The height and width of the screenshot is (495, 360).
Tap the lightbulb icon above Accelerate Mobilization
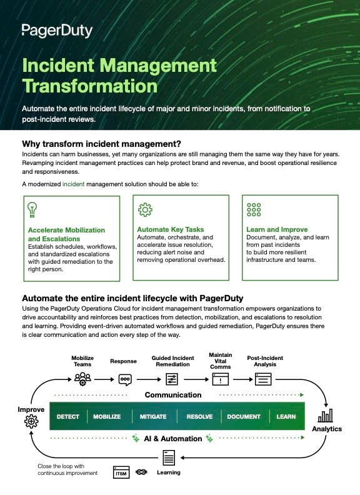point(32,209)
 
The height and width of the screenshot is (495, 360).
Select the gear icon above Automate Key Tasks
point(144,209)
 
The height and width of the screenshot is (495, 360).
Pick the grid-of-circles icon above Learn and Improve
point(254,209)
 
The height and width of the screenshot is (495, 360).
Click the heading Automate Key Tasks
point(171,229)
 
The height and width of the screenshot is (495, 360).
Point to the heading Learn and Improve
point(277,229)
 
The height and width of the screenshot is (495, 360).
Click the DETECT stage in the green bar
point(68,416)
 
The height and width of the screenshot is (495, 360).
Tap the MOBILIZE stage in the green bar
point(107,416)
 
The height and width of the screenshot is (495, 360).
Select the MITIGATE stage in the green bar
point(152,416)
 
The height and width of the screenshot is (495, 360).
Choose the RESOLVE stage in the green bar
point(199,416)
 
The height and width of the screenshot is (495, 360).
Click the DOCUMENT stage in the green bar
point(243,416)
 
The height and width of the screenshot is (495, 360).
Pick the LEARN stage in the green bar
point(286,416)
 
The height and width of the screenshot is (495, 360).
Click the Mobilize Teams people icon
point(82,377)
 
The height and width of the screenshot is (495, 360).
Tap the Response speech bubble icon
point(124,379)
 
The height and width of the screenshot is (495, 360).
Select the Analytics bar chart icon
point(326,416)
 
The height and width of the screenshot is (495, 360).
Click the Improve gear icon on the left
point(31,422)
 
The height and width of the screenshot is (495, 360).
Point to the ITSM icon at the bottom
point(122,472)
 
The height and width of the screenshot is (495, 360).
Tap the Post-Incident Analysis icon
point(263,378)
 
